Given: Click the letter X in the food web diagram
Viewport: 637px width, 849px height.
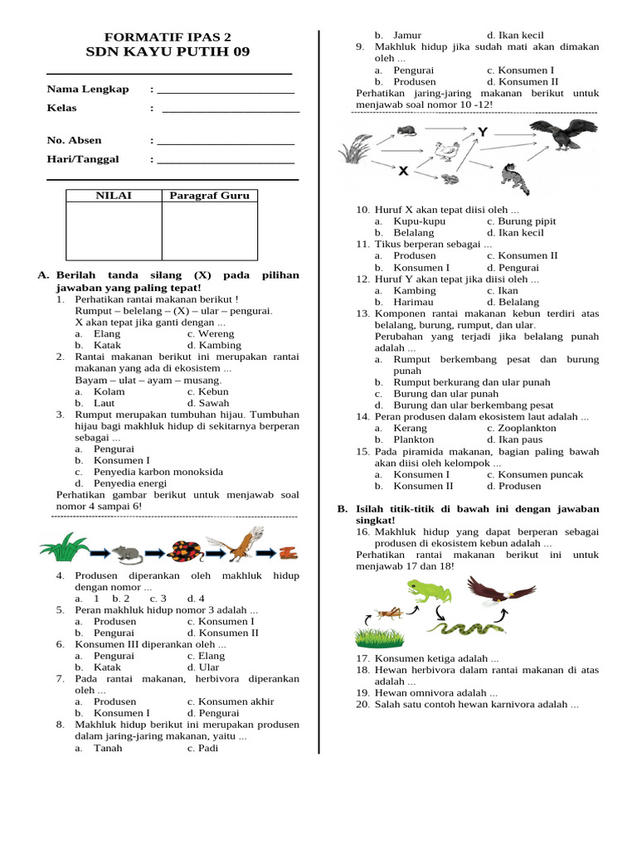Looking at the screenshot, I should tap(403, 171).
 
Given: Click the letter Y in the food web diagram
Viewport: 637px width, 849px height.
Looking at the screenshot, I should tap(482, 132).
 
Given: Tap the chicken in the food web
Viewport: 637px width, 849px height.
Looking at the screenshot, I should tap(447, 150).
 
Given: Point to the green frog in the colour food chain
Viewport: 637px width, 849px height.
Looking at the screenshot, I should tap(429, 593).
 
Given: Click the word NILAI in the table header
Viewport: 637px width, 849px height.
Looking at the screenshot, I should tap(114, 196).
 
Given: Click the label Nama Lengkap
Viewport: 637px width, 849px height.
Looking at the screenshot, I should tap(88, 89).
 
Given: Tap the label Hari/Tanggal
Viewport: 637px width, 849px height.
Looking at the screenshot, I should tap(83, 158).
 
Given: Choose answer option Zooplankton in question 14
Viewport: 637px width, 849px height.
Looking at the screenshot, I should tap(522, 428).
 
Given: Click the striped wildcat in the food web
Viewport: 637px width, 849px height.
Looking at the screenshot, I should tap(514, 177).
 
